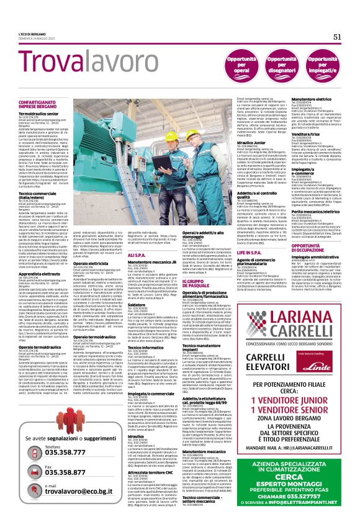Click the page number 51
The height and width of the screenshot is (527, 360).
click(x=338, y=37)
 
